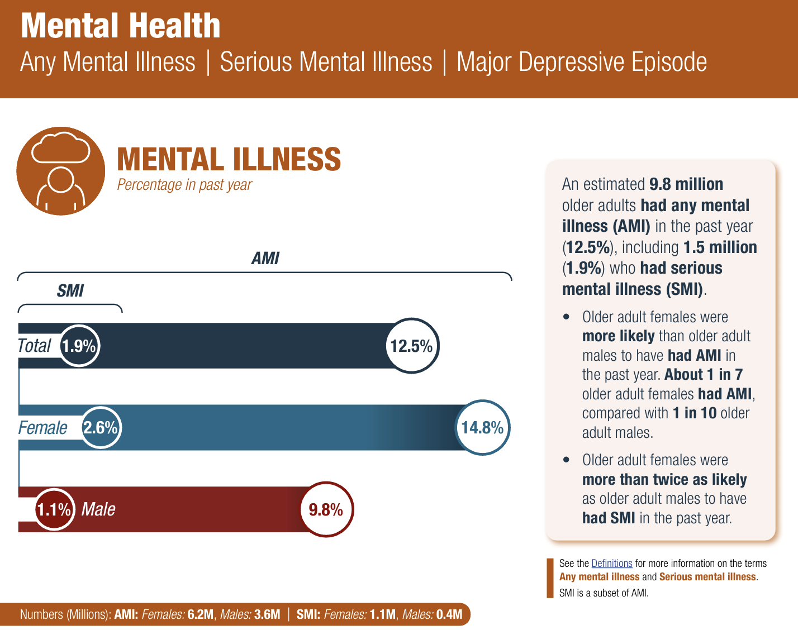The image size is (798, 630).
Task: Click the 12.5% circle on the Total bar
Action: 412,346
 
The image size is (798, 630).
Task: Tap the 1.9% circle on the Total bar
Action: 79,346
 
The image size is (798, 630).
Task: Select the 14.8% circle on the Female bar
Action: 482,428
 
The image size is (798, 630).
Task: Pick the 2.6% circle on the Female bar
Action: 101,428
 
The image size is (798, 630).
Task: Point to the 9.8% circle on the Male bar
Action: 326,509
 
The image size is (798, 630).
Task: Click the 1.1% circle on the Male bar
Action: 55,509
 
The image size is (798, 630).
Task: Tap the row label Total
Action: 34,346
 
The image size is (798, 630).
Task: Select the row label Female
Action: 42,428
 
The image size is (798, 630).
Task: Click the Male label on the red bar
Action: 98,509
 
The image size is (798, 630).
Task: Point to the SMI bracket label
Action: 70,290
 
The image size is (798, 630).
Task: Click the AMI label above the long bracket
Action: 265,258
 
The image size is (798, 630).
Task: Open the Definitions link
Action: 611,564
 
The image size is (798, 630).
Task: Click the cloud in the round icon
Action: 61,148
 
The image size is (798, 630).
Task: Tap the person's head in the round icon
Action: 61,180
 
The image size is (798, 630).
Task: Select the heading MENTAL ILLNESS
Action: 229,159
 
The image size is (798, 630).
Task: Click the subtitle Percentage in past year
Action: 184,184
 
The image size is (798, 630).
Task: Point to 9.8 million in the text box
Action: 686,184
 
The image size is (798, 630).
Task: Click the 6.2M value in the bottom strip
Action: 201,614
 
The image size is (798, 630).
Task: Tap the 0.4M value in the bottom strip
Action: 449,614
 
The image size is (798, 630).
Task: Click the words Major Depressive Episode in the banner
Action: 582,62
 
